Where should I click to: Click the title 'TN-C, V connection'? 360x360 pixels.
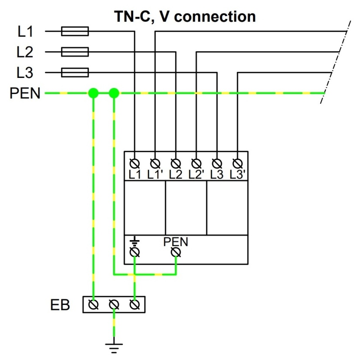tap(185, 17)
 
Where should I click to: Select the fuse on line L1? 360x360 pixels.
tap(75, 31)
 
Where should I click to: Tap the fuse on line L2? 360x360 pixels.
tap(75, 52)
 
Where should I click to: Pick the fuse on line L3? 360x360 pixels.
tap(75, 72)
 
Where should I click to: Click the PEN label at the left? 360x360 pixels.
tap(25, 93)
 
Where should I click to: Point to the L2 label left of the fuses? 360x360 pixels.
tap(25, 52)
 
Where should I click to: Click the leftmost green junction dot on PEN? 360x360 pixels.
tap(93, 93)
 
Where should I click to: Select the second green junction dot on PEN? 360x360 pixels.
tap(114, 93)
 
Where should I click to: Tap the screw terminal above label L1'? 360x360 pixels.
tap(155, 163)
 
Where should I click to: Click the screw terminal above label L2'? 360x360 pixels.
tap(196, 163)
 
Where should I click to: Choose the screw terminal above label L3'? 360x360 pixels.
tap(238, 163)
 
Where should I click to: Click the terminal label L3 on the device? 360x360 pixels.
tap(217, 174)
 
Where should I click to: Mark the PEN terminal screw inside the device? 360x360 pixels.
tap(176, 252)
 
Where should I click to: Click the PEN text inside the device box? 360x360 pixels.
tap(176, 242)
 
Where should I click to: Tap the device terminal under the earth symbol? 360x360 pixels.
tap(135, 252)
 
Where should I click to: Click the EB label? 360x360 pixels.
tap(60, 305)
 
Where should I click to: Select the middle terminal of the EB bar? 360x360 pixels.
tap(114, 305)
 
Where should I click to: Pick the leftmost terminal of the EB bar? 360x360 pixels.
tap(94, 305)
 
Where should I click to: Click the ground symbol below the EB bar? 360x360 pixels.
tap(114, 347)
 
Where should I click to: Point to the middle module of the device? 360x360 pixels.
tap(186, 208)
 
